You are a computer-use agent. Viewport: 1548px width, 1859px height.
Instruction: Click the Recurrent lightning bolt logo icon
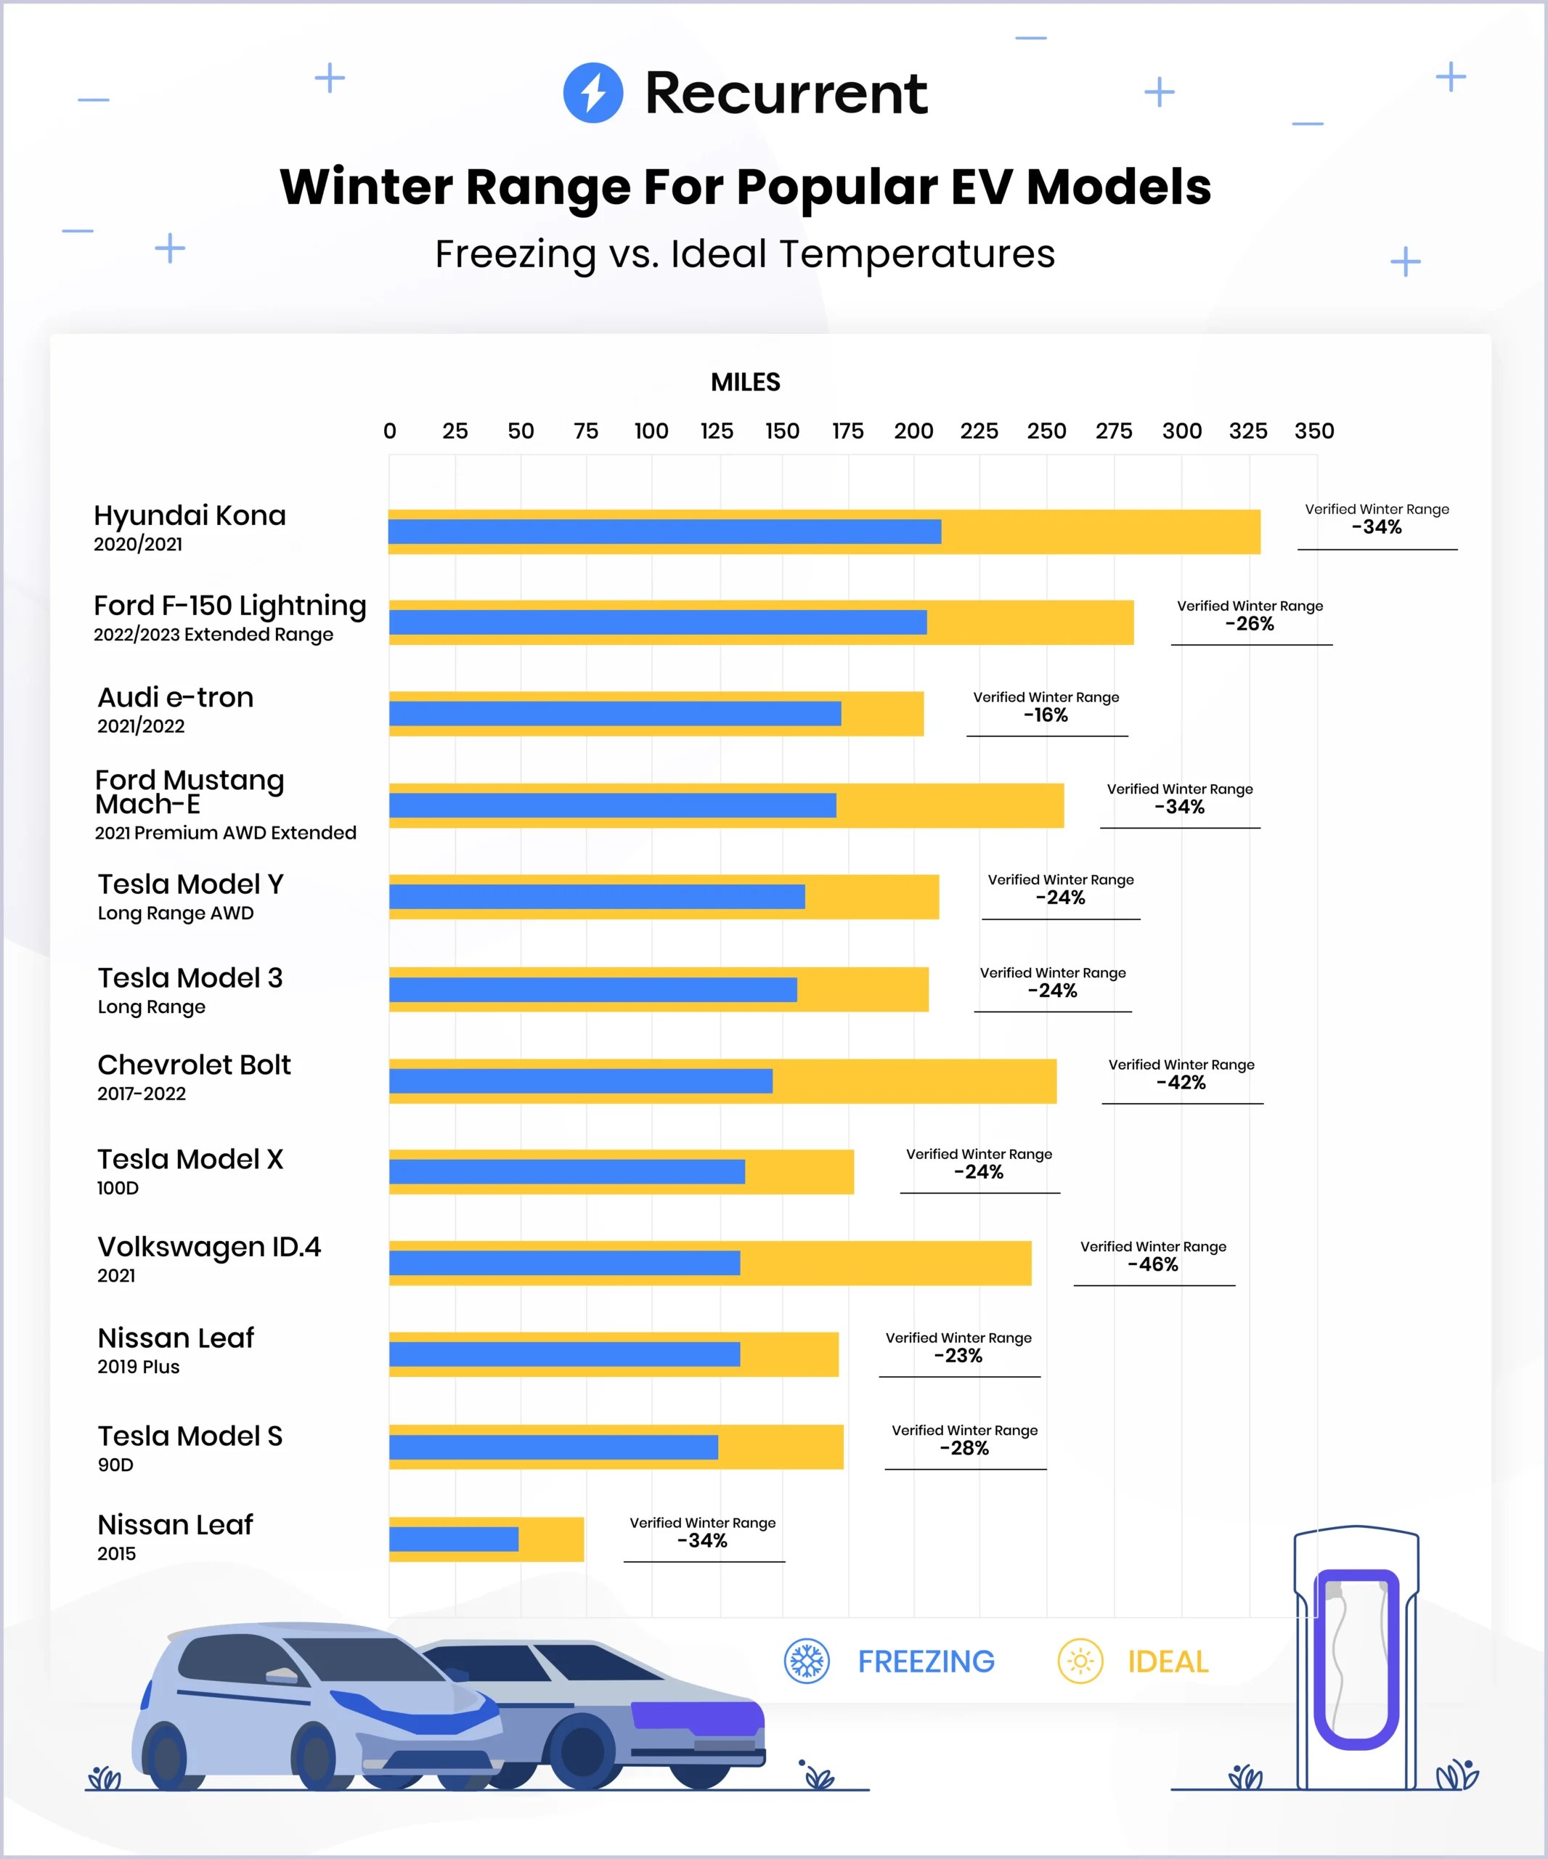(593, 93)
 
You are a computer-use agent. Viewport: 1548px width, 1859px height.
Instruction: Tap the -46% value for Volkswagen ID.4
(1153, 1265)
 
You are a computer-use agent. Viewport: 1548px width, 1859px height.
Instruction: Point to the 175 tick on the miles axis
(848, 431)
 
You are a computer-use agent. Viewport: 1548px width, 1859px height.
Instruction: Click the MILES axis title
(745, 383)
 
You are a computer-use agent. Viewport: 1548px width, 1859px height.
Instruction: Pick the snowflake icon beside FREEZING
(806, 1661)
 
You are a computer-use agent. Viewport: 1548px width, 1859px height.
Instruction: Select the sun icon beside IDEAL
(1080, 1661)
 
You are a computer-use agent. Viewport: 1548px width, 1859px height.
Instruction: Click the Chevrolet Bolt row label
(194, 1065)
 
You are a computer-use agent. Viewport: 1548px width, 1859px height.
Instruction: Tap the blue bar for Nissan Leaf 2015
(453, 1539)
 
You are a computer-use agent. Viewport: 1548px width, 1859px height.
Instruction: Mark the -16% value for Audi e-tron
(1046, 715)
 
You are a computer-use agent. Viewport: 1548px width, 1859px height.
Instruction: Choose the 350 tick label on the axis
(1313, 431)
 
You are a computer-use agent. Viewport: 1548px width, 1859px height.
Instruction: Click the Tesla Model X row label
(190, 1160)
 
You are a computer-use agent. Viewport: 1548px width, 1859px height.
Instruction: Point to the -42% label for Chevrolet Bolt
(1181, 1083)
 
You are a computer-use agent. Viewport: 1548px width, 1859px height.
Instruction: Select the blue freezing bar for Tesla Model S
(553, 1447)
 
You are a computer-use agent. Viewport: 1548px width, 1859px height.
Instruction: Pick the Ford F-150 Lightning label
(230, 606)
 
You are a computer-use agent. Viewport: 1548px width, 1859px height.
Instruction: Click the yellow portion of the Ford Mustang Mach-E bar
(951, 805)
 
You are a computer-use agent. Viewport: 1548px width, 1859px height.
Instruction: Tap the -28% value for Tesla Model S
(965, 1448)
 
